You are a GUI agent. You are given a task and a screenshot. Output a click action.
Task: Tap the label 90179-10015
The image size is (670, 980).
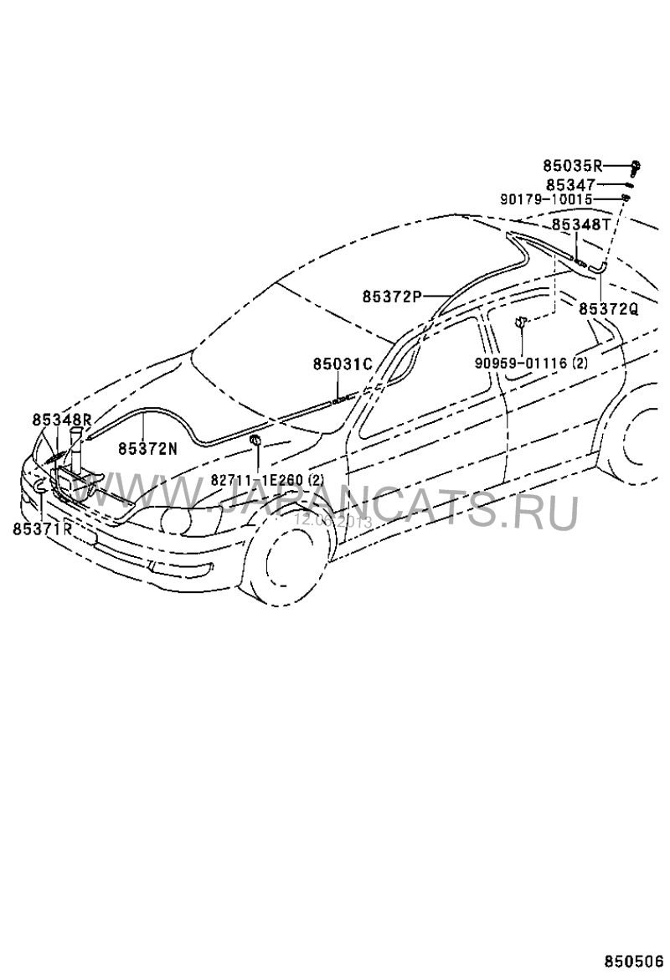pos(546,200)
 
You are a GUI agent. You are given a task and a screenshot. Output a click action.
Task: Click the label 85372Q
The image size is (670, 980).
pos(608,309)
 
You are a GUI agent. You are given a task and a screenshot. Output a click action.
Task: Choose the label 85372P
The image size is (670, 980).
pos(392,296)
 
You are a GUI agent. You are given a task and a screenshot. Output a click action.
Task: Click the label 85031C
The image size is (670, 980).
pos(342,364)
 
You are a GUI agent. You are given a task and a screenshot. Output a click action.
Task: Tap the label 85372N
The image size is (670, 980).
pos(147,448)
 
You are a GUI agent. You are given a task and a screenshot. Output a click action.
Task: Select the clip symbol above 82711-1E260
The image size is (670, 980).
pos(256,442)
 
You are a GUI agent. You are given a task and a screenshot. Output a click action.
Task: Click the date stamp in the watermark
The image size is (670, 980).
pos(332,519)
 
